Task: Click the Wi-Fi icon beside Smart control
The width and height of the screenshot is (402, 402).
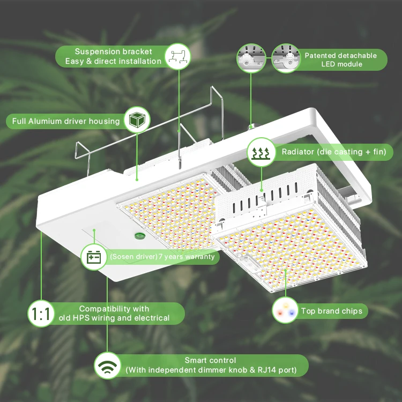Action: coord(107,367)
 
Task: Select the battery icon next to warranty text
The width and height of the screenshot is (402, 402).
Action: coord(94,257)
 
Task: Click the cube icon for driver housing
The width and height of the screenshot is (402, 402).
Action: coord(136,120)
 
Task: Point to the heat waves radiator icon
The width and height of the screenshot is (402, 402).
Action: coord(262,152)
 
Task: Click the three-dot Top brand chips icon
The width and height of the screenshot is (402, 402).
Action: coord(285,310)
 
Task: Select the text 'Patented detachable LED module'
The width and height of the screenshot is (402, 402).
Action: coord(341,59)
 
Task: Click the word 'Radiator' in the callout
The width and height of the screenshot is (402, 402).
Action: coord(298,152)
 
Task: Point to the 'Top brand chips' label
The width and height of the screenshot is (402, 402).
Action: coord(331,311)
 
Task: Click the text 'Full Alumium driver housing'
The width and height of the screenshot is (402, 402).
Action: coord(66,121)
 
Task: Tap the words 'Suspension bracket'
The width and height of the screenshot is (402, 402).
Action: coord(113,52)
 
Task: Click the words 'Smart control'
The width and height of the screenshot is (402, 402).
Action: coord(210,361)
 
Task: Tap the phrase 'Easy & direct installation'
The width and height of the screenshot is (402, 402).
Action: coord(113,62)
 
